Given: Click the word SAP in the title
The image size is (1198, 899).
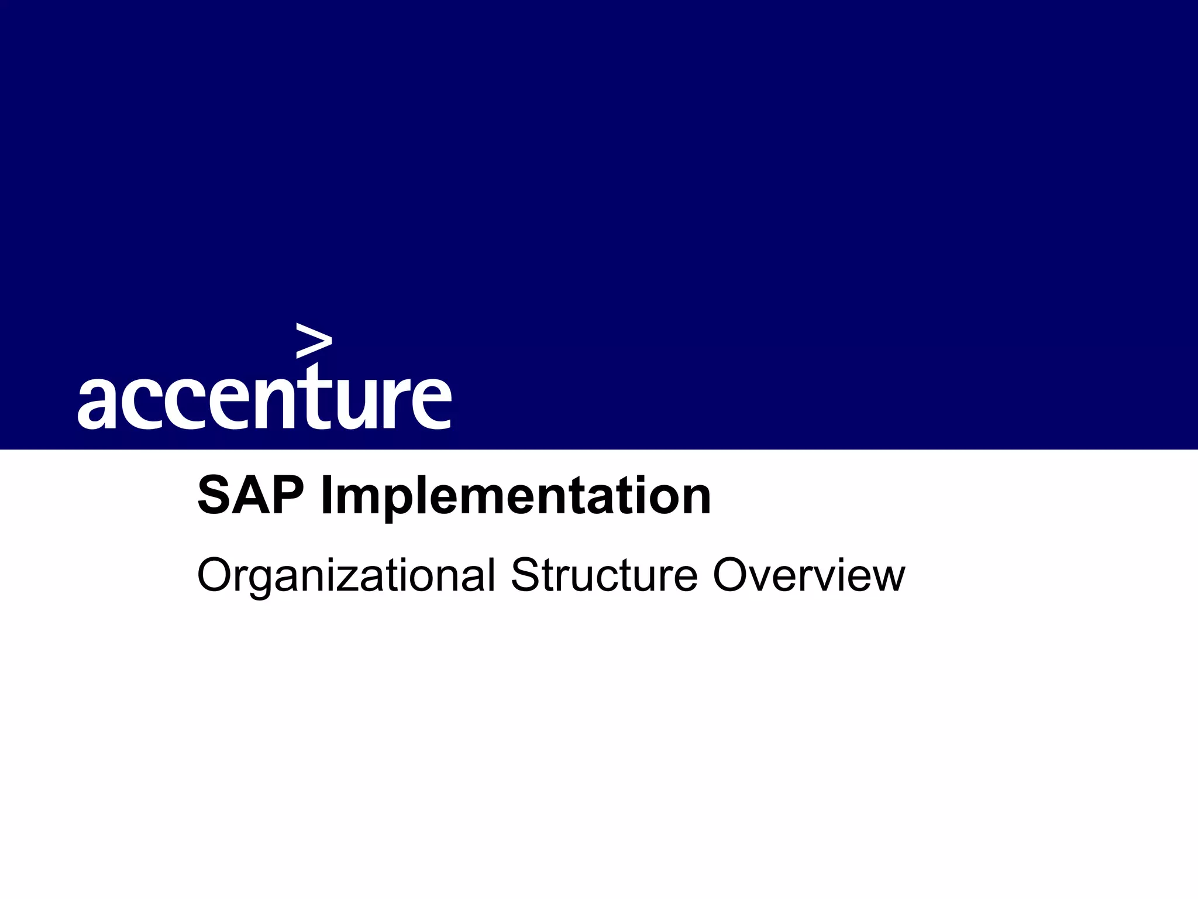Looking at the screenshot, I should tap(251, 496).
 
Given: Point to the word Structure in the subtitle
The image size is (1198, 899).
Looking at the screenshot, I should tap(604, 575).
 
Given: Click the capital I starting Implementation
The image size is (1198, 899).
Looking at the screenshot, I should tap(326, 496).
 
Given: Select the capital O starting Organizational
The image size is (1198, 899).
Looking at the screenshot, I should tap(215, 575).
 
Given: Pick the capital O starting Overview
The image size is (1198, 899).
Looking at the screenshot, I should tap(731, 575).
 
